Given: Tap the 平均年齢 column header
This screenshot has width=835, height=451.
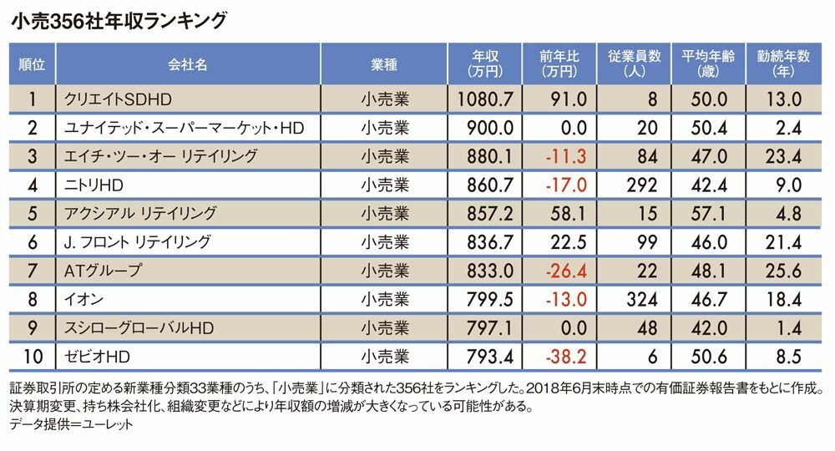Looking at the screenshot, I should (x=706, y=63).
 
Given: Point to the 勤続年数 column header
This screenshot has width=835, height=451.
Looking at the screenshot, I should (x=784, y=63).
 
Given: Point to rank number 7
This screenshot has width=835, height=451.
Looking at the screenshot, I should (x=32, y=271).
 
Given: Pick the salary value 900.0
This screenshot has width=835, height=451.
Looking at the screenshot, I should (x=490, y=128).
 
